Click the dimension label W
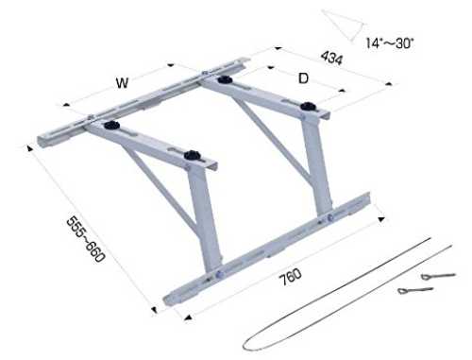[x=122, y=83]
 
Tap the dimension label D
[x=303, y=78]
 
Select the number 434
[x=331, y=59]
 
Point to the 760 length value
[x=291, y=277]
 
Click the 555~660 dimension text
[x=86, y=239]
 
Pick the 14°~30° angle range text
[x=390, y=43]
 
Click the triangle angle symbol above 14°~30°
[x=344, y=26]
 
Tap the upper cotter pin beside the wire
[x=438, y=276]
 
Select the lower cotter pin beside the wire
[x=415, y=290]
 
